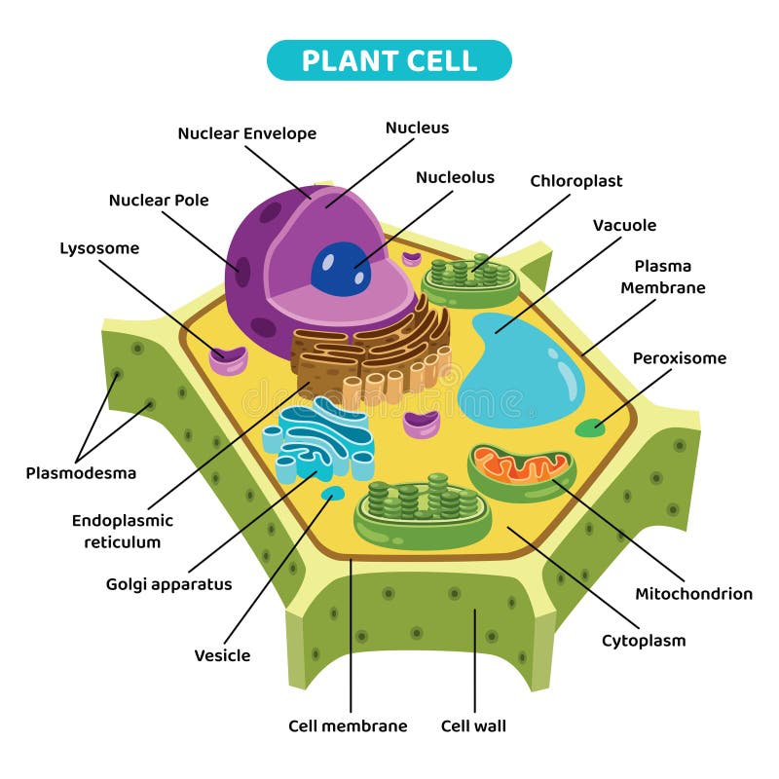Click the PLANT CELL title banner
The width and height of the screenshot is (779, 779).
tap(389, 60)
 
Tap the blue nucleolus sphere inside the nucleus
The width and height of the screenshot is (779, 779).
tap(340, 269)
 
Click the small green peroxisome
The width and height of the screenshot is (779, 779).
tap(588, 427)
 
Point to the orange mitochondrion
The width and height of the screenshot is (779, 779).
tap(521, 470)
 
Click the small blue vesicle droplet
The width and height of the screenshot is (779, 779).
tap(332, 494)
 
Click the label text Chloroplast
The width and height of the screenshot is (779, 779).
tap(575, 181)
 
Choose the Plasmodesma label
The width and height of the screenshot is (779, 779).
tap(81, 473)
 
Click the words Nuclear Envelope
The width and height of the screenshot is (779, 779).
tap(246, 133)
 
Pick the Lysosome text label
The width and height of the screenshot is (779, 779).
tap(99, 248)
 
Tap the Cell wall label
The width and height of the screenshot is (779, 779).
tap(473, 725)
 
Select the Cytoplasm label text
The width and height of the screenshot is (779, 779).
tap(643, 640)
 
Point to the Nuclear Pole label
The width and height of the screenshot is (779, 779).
tap(159, 201)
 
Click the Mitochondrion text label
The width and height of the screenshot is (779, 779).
tap(693, 593)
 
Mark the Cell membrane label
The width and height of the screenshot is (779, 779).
tap(348, 725)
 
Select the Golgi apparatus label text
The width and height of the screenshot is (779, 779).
tap(168, 584)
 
